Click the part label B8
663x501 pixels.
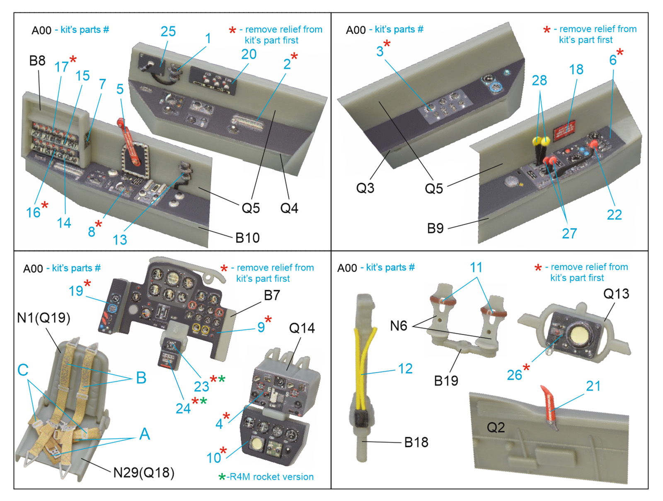pos(37,61)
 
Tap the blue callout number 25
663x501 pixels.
pos(168,32)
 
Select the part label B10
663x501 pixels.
pos(247,238)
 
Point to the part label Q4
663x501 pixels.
pos(289,208)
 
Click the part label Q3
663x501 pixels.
pos(365,188)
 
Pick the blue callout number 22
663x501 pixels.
pos(615,215)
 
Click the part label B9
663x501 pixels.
pos(435,229)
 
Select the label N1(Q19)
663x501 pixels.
pos(44,318)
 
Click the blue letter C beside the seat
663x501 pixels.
pos(23,370)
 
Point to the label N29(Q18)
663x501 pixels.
pos(144,473)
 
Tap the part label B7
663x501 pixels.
pos(272,295)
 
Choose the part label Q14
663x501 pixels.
pos(302,328)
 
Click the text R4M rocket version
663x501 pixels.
pos(271,477)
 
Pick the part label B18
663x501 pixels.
pos(416,443)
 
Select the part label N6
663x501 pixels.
pos(399,326)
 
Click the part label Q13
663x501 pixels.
pos(616,294)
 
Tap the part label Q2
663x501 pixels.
pos(496,428)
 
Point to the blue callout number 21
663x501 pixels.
pos(593,386)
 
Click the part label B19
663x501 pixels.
pos(446,381)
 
